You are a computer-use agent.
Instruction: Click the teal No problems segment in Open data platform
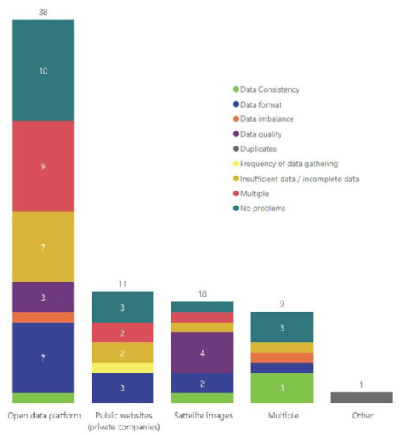[x=43, y=70]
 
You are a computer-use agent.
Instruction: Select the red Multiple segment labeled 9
[x=43, y=166]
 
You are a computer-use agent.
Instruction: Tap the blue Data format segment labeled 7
[x=43, y=357]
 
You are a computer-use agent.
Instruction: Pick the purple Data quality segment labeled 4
[x=202, y=353]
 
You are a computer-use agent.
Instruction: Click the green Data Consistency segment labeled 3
[x=281, y=388]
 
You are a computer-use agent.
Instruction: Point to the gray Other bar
[x=361, y=397]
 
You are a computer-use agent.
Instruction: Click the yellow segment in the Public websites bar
[x=122, y=368]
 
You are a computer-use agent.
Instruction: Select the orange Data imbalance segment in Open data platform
[x=43, y=317]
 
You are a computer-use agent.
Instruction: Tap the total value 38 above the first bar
[x=43, y=11]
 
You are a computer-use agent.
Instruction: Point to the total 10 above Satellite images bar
[x=202, y=293]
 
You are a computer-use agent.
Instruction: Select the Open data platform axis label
[x=43, y=415]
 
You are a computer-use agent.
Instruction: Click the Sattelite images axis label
[x=202, y=415]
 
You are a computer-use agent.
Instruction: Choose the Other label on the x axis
[x=361, y=415]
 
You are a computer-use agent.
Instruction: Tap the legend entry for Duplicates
[x=263, y=149]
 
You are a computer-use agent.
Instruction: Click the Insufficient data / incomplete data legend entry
[x=299, y=179]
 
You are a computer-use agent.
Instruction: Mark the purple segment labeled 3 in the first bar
[x=43, y=297]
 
